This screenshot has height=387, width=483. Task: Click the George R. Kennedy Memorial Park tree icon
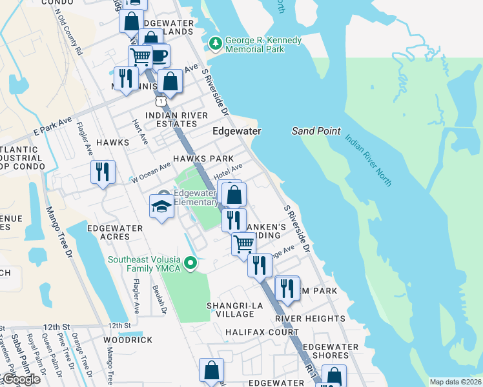(x=215, y=45)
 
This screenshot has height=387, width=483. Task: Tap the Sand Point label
(x=316, y=131)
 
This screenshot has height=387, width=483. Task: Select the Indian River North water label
(x=367, y=161)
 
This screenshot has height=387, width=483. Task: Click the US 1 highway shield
(x=161, y=101)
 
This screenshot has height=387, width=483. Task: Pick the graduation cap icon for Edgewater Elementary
(x=162, y=206)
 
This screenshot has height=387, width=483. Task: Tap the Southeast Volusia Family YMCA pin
(x=190, y=263)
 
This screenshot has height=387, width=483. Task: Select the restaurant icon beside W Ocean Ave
(x=103, y=172)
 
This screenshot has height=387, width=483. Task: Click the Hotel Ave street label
(x=228, y=172)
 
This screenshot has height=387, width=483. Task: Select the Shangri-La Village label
(x=231, y=310)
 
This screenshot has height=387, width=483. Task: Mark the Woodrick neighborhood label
(x=127, y=340)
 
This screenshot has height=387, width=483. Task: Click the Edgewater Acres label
(x=118, y=232)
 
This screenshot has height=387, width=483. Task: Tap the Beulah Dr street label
(x=165, y=301)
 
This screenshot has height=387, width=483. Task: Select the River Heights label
(x=310, y=319)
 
